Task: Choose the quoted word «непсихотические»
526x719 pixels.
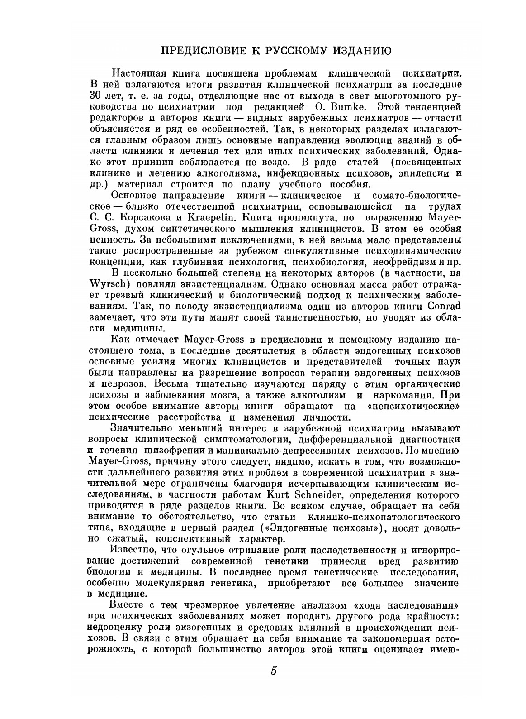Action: [414, 406]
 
